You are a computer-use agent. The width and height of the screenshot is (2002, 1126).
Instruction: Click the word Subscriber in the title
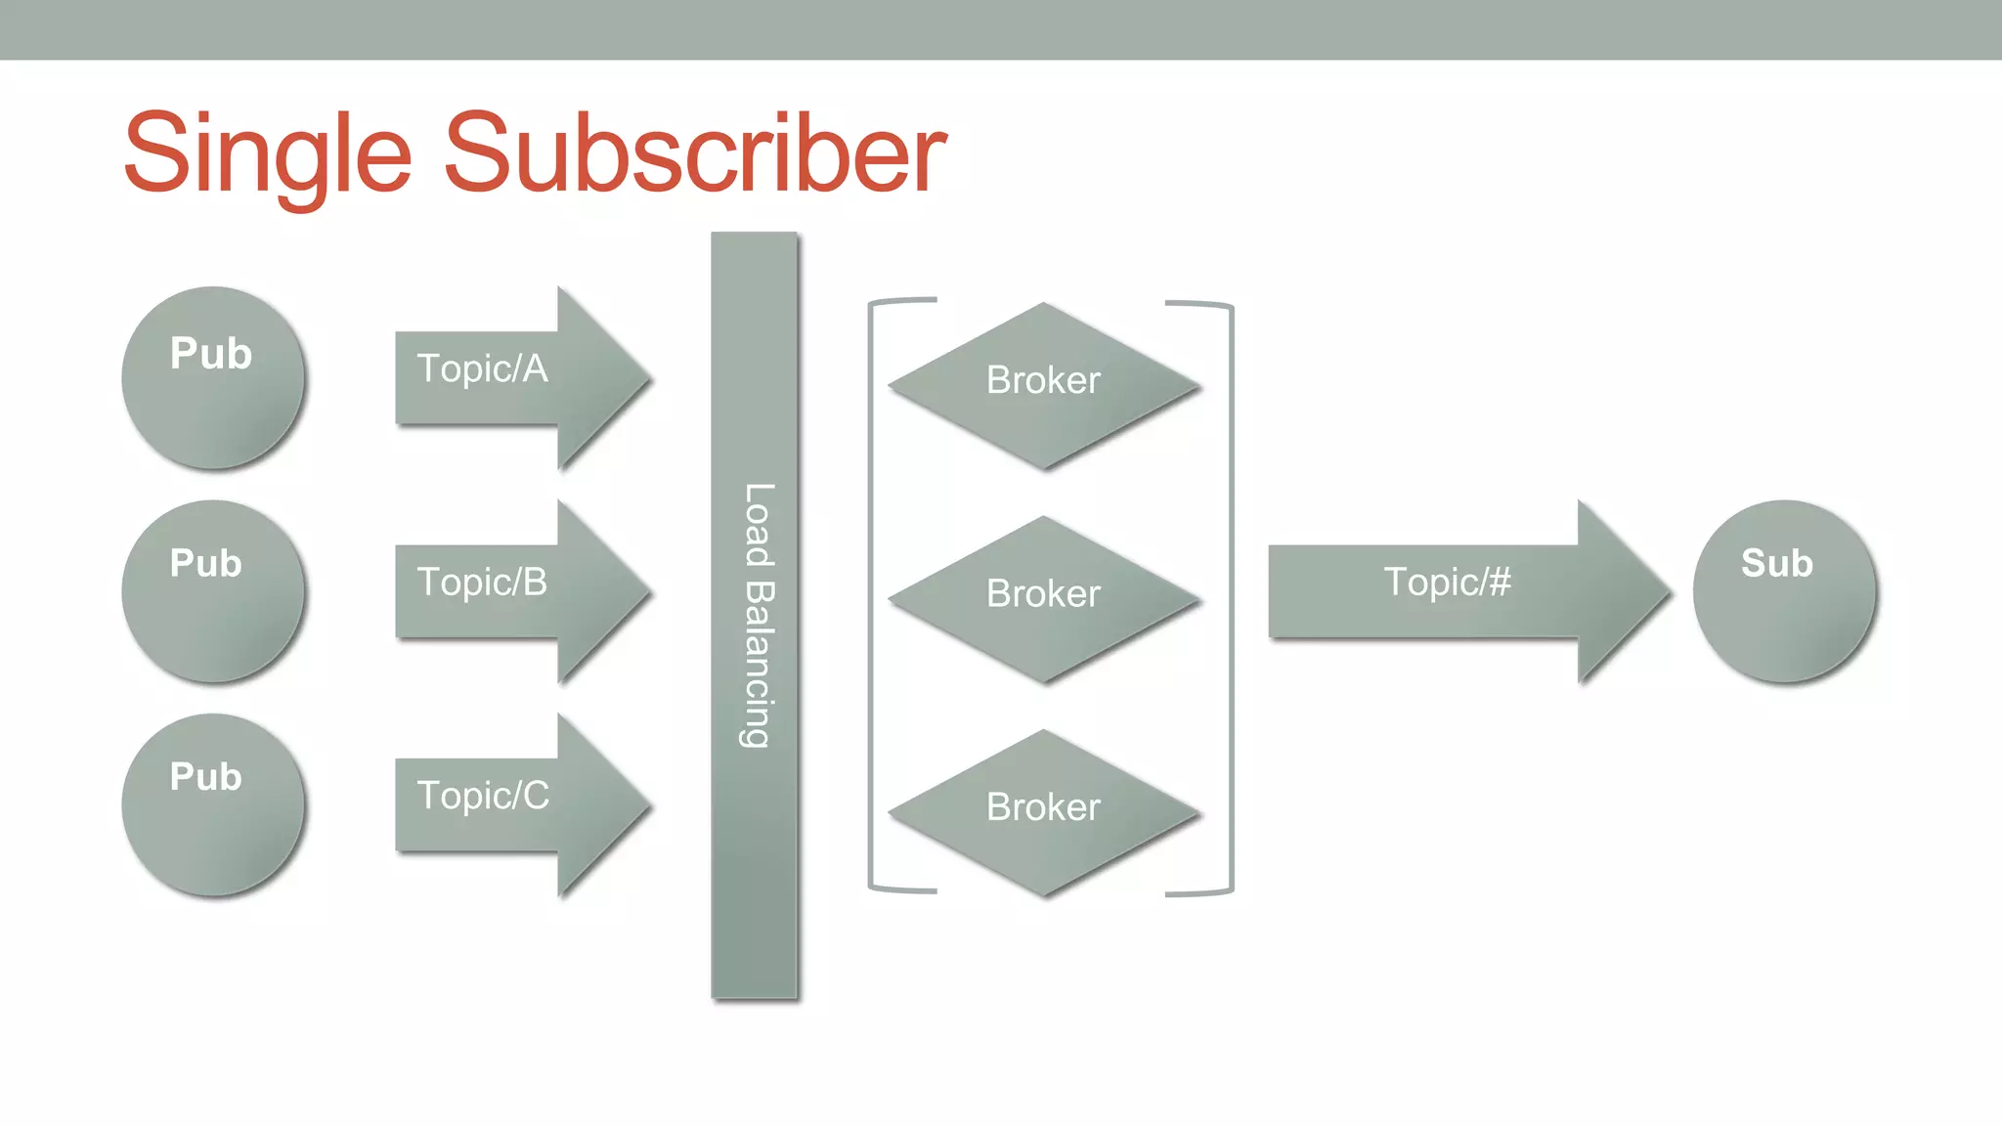[x=694, y=153]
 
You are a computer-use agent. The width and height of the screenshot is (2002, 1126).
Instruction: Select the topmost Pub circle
[x=213, y=378]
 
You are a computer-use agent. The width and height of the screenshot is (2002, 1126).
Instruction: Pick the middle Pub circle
[x=213, y=591]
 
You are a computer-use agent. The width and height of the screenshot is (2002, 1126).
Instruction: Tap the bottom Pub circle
[x=213, y=804]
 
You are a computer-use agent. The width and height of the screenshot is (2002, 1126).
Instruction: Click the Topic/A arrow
[x=518, y=378]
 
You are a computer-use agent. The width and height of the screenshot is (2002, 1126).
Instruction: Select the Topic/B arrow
[x=518, y=591]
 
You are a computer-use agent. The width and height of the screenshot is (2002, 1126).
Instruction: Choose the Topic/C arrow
[x=518, y=804]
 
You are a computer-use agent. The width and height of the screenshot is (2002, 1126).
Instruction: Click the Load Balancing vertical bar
[x=754, y=880]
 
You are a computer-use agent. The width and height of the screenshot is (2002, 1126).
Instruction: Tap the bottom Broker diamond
[x=1043, y=811]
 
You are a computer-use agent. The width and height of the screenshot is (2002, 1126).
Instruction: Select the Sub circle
[x=1784, y=591]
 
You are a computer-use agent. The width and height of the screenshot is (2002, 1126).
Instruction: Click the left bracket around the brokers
[x=872, y=596]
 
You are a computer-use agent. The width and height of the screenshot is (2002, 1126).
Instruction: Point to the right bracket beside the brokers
[x=1231, y=596]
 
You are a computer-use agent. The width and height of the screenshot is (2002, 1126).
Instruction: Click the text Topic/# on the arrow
[x=1447, y=582]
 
